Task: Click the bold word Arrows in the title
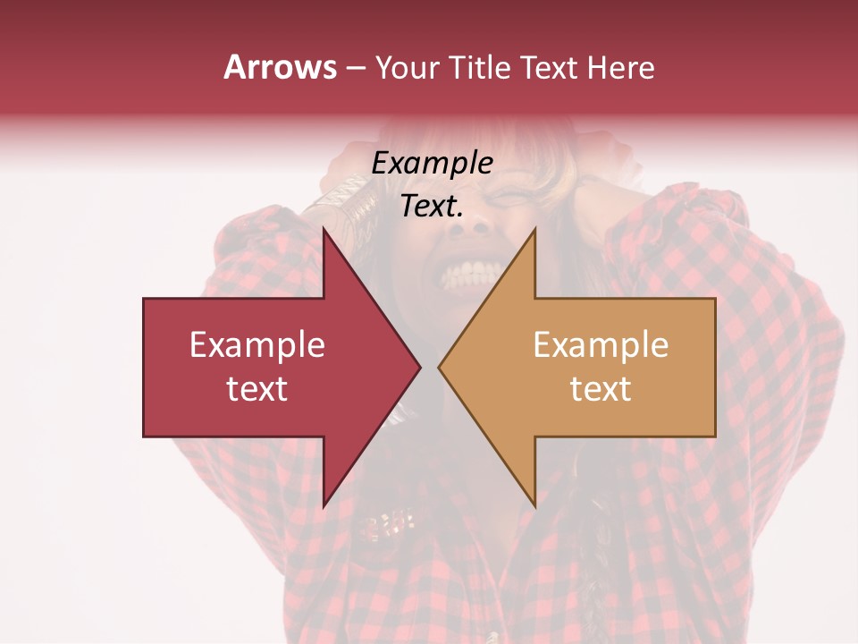click(x=280, y=67)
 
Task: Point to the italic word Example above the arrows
click(x=432, y=163)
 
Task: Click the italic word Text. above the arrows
click(x=432, y=206)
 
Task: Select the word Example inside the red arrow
click(x=257, y=345)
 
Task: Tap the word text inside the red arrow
click(x=257, y=388)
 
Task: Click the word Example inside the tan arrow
click(x=601, y=345)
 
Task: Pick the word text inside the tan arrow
click(x=601, y=388)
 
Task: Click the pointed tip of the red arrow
click(x=419, y=367)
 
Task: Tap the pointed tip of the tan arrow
click(x=440, y=367)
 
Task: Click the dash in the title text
click(x=356, y=68)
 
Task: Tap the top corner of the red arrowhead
click(x=324, y=229)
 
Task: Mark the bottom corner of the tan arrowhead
click(x=534, y=505)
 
